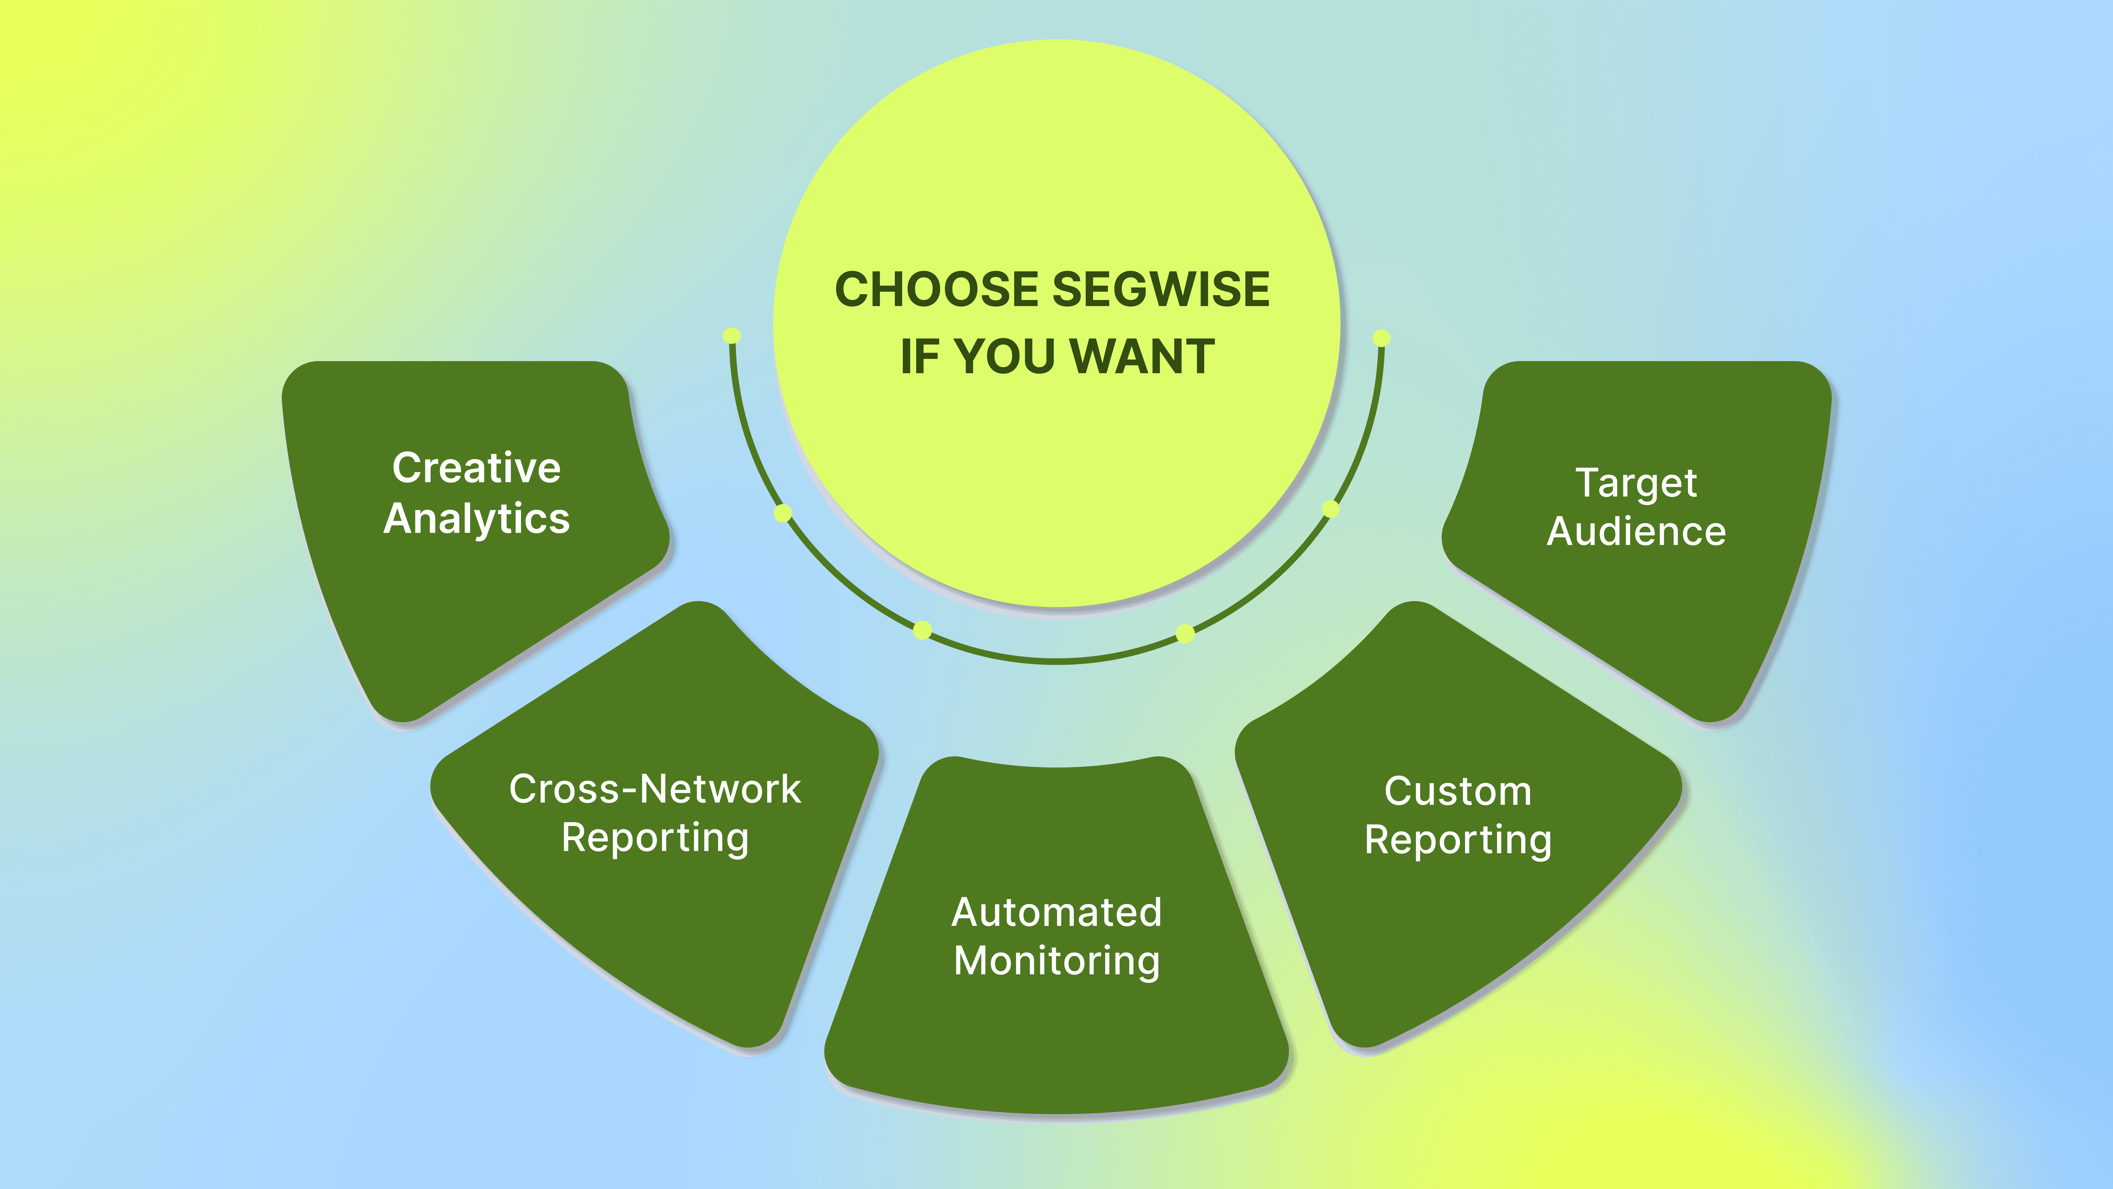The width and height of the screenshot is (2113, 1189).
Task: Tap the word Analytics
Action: (x=477, y=519)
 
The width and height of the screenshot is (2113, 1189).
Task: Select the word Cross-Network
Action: (x=655, y=789)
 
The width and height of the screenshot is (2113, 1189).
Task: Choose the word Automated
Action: (x=1056, y=912)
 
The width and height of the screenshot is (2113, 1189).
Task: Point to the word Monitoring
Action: (x=1056, y=961)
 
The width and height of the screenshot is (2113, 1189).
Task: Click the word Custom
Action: (x=1458, y=792)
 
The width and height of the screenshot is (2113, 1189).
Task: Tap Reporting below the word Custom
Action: (x=1458, y=840)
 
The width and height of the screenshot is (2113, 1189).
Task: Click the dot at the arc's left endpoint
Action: (x=732, y=336)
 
